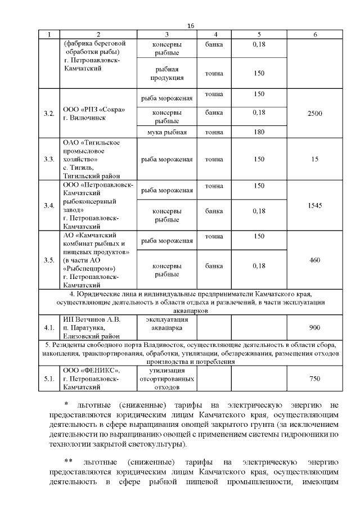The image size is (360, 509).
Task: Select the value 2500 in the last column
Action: (315, 114)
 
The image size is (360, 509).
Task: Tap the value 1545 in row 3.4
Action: (315, 206)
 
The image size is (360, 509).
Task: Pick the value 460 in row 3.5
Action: (315, 260)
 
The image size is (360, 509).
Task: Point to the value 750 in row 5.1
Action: (315, 379)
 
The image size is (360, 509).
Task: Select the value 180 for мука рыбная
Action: (259, 132)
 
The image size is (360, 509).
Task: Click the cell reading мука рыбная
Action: (167, 132)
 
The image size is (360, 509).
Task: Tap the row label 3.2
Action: (49, 114)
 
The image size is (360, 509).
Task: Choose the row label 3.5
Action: (49, 260)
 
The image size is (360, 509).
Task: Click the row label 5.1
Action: (49, 379)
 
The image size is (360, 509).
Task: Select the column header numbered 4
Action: (215, 35)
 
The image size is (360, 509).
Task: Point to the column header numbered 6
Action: (315, 35)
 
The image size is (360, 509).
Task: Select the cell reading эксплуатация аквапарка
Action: (167, 323)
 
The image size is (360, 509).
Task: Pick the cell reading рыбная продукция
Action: (167, 73)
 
